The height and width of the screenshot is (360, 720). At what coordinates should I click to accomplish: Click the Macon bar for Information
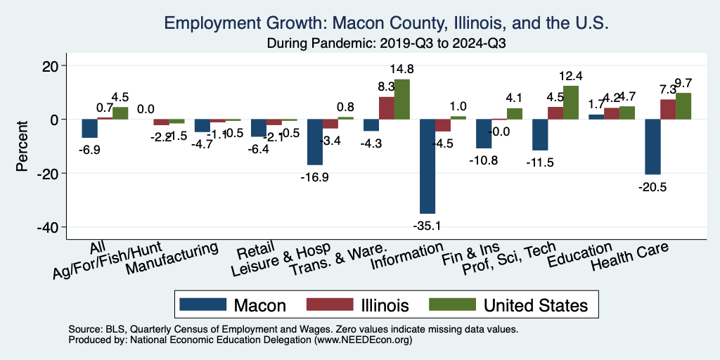(427, 166)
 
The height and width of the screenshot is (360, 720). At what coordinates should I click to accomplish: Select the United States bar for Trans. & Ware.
(401, 99)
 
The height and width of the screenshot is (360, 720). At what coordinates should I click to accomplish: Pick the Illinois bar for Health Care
(668, 110)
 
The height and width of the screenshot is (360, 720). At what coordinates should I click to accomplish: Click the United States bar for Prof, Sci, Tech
(570, 103)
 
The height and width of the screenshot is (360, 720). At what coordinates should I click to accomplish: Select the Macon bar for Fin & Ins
(484, 134)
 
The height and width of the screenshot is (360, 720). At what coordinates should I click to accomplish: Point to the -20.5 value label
(652, 186)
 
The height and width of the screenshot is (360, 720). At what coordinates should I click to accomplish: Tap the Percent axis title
(22, 146)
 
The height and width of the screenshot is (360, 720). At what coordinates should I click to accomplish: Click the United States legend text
(535, 305)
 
